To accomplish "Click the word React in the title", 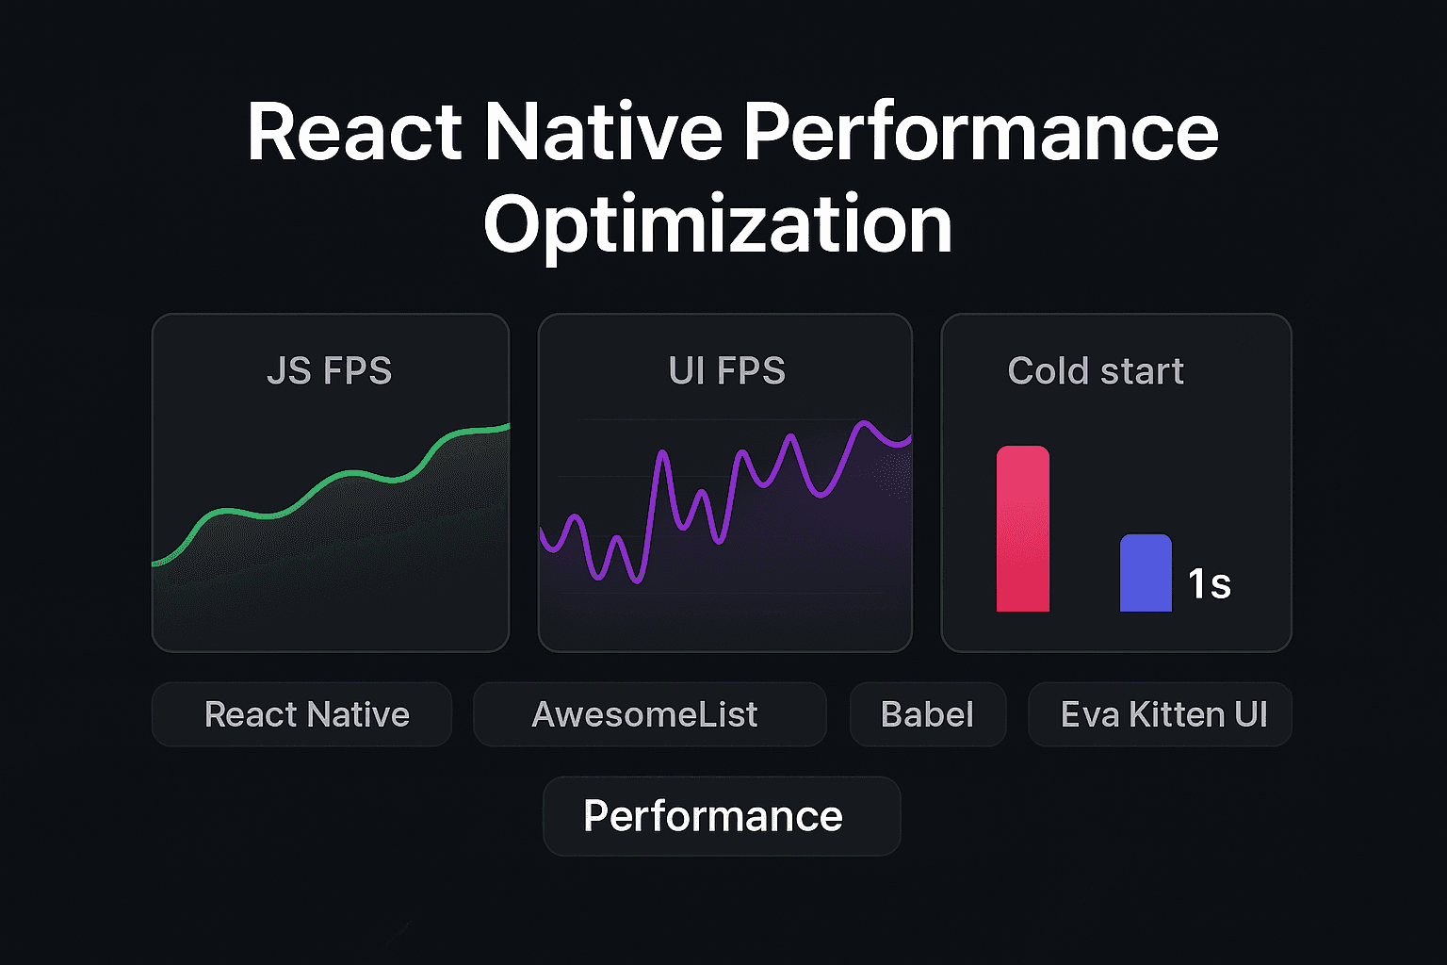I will (x=354, y=133).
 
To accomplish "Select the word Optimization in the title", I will (x=718, y=225).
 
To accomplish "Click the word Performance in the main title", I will (x=981, y=133).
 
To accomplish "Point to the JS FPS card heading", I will (x=329, y=371).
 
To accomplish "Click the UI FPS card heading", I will (x=726, y=371).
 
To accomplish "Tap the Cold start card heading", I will (x=1095, y=371).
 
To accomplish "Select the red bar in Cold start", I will (x=1023, y=529).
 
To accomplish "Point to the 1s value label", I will (x=1210, y=584).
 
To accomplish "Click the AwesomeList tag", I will (x=649, y=714).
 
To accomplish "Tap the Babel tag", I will (x=927, y=714).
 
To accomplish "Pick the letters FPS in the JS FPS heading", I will (x=357, y=371).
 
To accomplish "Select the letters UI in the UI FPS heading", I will (x=685, y=371).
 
